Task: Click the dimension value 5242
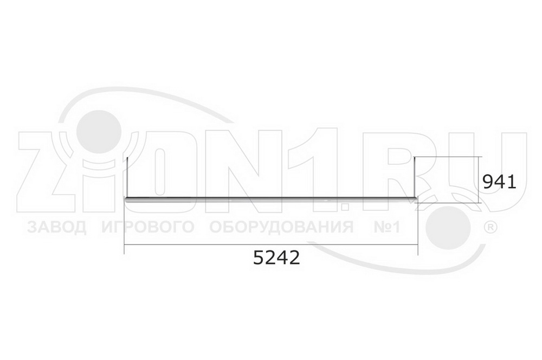(x=276, y=258)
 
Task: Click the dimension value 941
(x=499, y=182)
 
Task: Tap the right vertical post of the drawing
(x=415, y=177)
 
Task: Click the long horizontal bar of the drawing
(x=272, y=199)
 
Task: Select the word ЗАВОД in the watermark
(x=57, y=227)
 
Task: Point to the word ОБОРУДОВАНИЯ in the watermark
(x=281, y=227)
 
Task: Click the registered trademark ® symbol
(x=490, y=227)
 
